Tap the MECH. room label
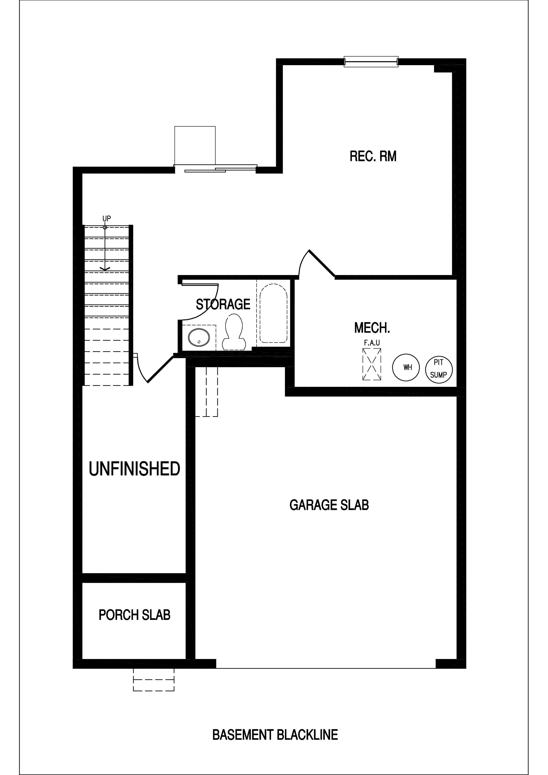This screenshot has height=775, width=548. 372,328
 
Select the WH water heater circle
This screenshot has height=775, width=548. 406,367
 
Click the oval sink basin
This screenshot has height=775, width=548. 199,337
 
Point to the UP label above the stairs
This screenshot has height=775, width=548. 107,219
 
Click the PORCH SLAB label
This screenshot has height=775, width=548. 134,615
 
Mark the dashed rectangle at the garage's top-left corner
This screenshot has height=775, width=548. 207,391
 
